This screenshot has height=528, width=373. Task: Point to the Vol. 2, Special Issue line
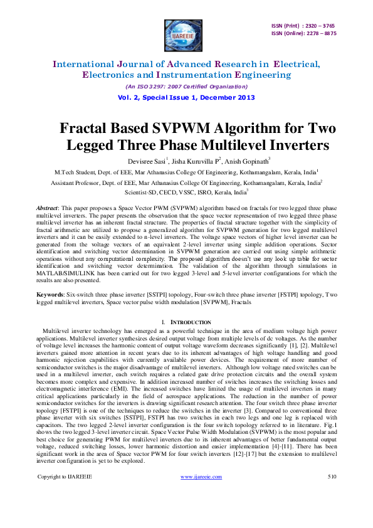point(186,97)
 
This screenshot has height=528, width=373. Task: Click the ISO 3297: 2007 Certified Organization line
point(186,86)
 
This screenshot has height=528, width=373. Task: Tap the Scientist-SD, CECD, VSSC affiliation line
point(186,191)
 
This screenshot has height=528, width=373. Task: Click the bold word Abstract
point(49,206)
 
